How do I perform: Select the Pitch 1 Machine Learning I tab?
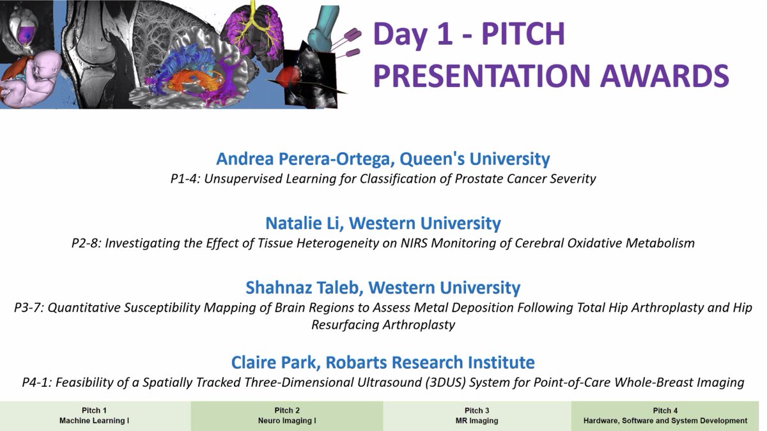pyautogui.click(x=95, y=416)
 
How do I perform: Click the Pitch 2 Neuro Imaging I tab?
pyautogui.click(x=287, y=416)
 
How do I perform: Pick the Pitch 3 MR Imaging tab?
pyautogui.click(x=477, y=416)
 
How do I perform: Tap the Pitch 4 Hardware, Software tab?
pyautogui.click(x=669, y=416)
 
